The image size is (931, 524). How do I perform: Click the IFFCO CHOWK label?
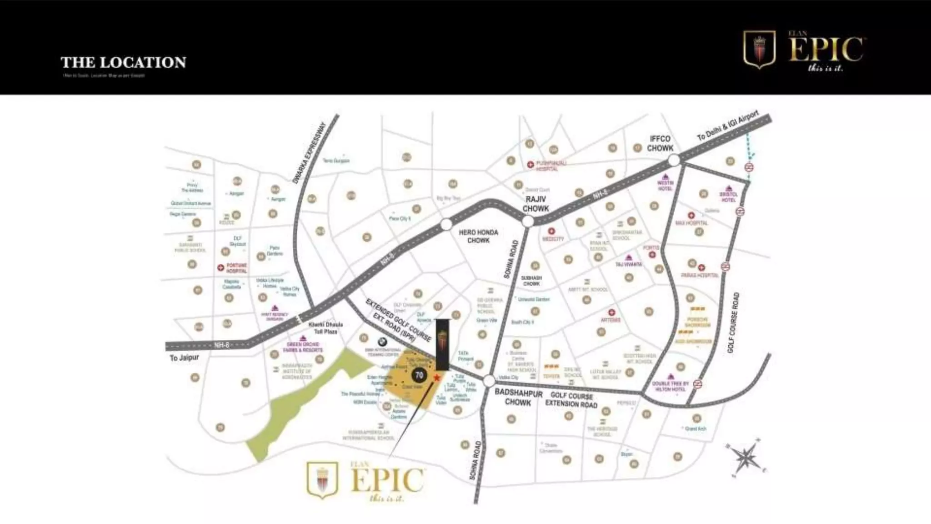click(660, 143)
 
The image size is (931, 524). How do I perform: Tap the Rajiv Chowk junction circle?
click(528, 222)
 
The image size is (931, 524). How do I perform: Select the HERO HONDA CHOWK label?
click(478, 236)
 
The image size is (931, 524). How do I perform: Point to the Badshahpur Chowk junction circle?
click(489, 381)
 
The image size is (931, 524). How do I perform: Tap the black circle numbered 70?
click(419, 375)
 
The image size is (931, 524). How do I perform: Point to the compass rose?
click(745, 457)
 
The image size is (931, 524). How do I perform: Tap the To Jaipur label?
click(184, 358)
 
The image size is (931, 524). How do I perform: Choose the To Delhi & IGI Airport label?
click(728, 126)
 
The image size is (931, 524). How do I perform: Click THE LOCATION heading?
click(123, 62)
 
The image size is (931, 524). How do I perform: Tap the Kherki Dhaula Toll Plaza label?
click(325, 328)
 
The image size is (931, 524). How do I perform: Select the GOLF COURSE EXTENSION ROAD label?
click(571, 400)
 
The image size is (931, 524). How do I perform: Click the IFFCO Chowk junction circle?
click(674, 160)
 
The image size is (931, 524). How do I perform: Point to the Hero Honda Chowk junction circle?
click(446, 224)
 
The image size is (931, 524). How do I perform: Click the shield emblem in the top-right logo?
click(759, 49)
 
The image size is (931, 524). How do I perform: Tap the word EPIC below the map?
click(387, 479)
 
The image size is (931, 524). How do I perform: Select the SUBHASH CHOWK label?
click(531, 281)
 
